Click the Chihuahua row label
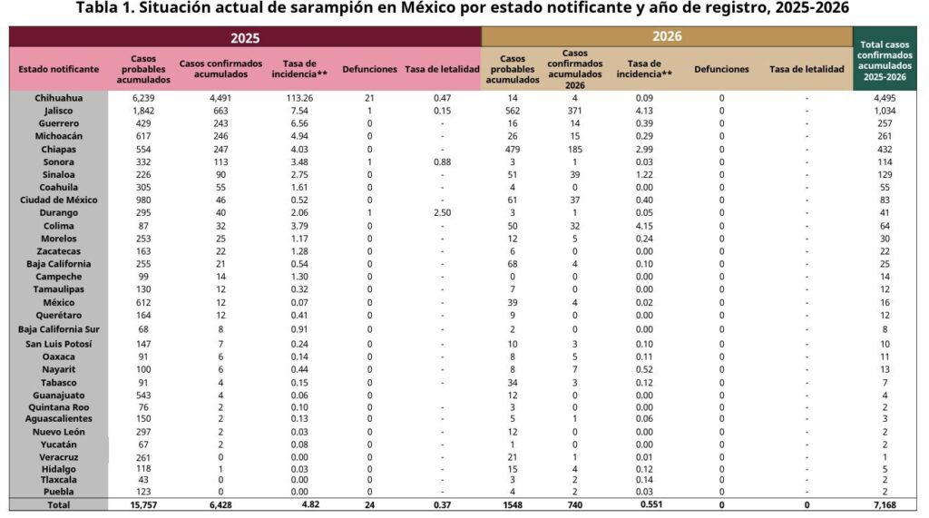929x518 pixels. tap(58, 97)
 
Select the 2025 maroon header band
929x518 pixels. tap(245, 37)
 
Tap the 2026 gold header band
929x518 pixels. tap(667, 36)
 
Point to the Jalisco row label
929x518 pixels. tap(58, 110)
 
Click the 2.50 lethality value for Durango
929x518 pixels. tap(442, 212)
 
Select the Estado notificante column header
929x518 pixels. tap(58, 69)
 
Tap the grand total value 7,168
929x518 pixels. tap(885, 504)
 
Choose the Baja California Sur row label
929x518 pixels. tap(58, 328)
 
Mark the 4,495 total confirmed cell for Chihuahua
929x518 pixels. tap(885, 97)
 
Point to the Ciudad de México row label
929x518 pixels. tap(58, 200)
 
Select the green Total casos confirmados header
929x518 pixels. tap(885, 59)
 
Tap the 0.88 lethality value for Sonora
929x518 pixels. tap(442, 161)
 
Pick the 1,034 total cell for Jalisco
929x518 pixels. tap(885, 110)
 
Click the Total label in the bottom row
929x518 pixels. tap(58, 504)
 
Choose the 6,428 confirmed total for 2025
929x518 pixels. tap(220, 504)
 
